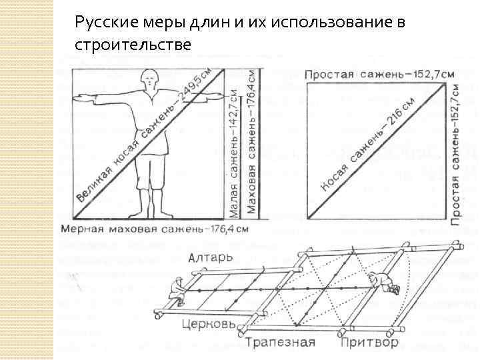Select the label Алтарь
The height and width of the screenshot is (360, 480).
coord(211,257)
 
